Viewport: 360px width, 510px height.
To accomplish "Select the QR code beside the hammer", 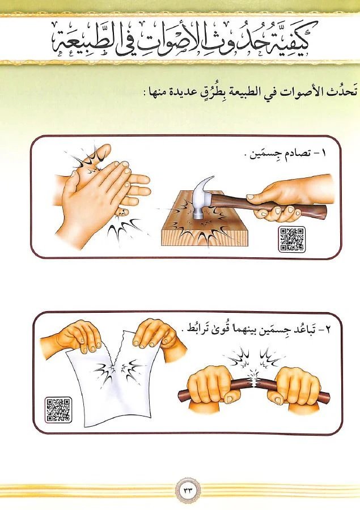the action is (292, 239).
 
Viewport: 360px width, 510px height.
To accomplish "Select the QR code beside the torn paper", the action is (58, 410).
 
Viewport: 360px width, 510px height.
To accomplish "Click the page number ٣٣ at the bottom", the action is (188, 491).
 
